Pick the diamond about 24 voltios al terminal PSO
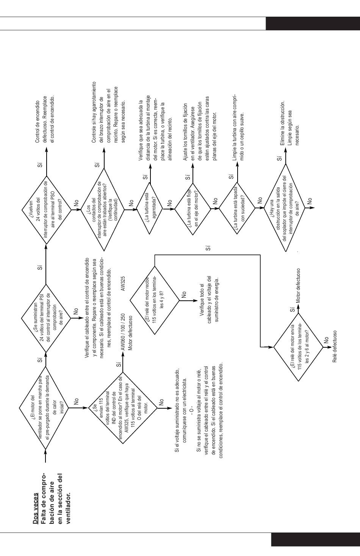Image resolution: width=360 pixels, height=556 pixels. (46, 210)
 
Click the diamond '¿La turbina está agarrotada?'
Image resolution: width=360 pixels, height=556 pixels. (150, 208)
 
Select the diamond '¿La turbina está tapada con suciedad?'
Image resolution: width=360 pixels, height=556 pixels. (237, 208)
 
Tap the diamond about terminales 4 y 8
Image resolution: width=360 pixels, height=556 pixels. (155, 300)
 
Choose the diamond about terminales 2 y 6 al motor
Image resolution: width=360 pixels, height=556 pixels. (299, 347)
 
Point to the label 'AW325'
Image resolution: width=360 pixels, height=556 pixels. (123, 284)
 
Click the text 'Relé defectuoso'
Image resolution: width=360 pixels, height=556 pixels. (335, 346)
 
